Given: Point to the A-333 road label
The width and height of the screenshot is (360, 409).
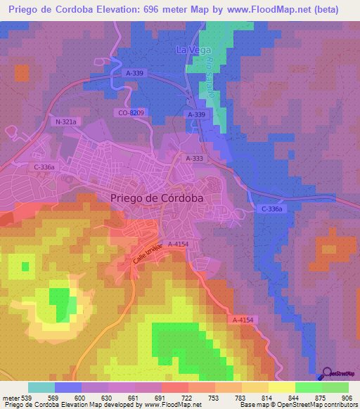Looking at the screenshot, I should pos(195,160).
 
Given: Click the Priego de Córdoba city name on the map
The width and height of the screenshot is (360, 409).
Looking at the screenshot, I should pos(157,198).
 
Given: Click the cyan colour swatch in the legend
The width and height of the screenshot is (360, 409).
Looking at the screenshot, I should pos(41,387).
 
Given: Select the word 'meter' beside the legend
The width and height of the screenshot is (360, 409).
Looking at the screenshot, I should pos(10,397).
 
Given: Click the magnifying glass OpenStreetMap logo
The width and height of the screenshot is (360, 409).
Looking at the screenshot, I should pos(327,374).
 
